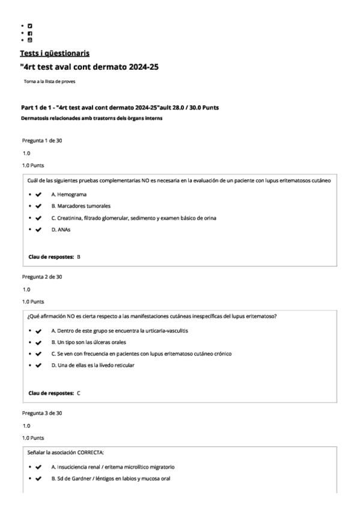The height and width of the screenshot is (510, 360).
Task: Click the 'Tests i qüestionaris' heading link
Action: point(55,54)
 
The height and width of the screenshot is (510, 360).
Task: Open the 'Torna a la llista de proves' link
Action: point(49,81)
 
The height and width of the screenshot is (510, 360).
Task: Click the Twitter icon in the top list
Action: point(30,26)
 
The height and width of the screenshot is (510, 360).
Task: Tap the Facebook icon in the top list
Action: point(30,34)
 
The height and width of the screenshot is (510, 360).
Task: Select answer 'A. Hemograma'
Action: point(69,195)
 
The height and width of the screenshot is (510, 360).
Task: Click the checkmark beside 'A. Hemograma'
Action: point(38,195)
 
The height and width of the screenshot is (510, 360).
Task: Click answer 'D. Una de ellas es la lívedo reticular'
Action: point(93,365)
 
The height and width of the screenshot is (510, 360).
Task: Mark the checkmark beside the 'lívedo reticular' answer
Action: point(38,365)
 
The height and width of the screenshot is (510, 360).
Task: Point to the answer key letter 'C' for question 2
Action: point(79,393)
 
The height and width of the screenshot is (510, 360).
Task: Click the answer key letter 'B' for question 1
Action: point(79,257)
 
